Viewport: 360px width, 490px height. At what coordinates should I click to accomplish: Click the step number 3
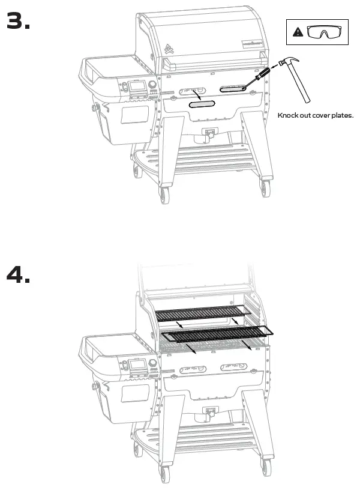[18, 21]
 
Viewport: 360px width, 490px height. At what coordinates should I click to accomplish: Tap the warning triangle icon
[298, 32]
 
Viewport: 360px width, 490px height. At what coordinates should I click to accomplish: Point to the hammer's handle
[300, 85]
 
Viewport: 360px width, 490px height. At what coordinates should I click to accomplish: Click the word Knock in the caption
[288, 115]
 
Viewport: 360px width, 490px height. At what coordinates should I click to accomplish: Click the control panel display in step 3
[138, 86]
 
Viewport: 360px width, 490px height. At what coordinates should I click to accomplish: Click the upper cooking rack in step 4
[201, 314]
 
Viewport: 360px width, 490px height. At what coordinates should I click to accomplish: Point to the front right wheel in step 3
[265, 189]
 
